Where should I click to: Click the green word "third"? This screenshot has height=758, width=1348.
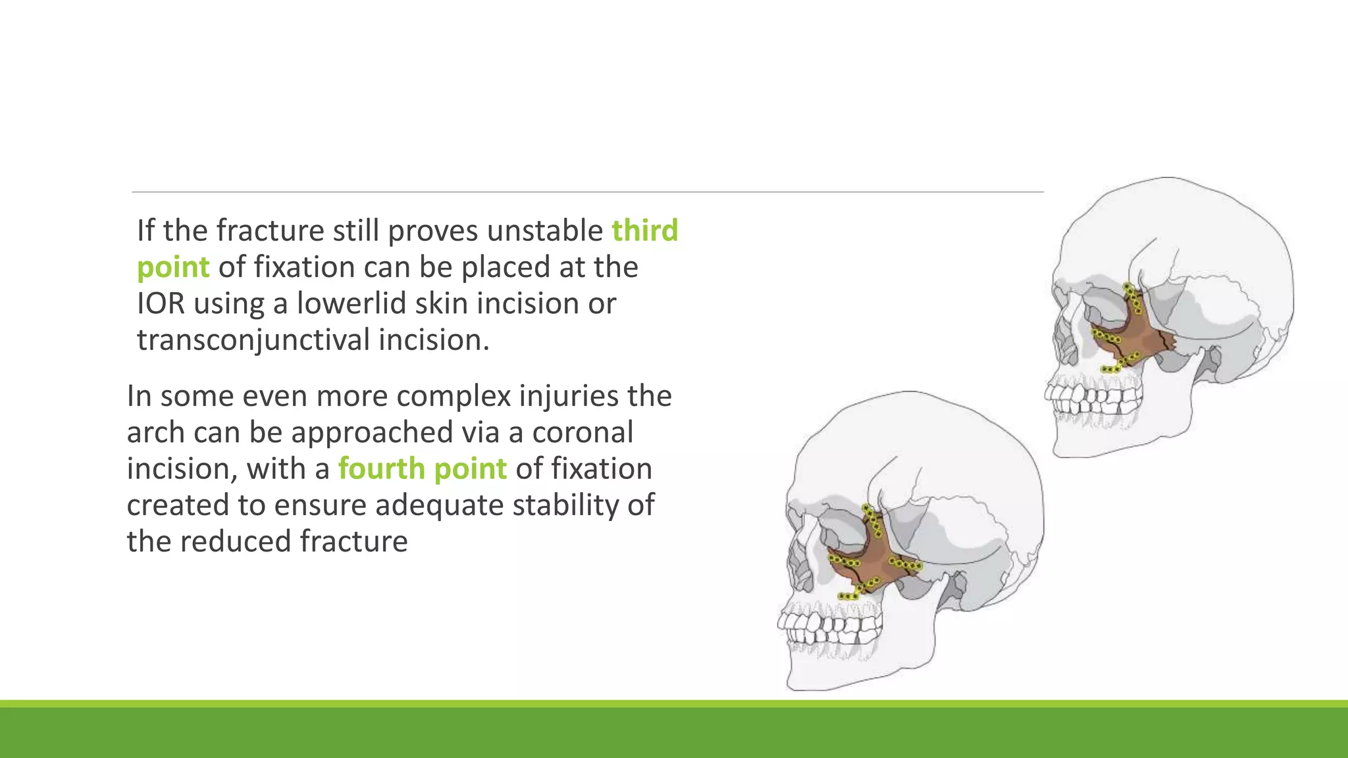644,230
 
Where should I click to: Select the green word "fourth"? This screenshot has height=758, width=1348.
381,468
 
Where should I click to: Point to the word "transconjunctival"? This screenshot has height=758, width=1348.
253,340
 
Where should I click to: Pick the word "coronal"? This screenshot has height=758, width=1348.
583,432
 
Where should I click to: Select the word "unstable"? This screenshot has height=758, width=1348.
545,230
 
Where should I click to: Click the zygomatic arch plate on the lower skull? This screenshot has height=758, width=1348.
905,564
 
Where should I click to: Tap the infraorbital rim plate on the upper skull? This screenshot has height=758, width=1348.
1107,338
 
